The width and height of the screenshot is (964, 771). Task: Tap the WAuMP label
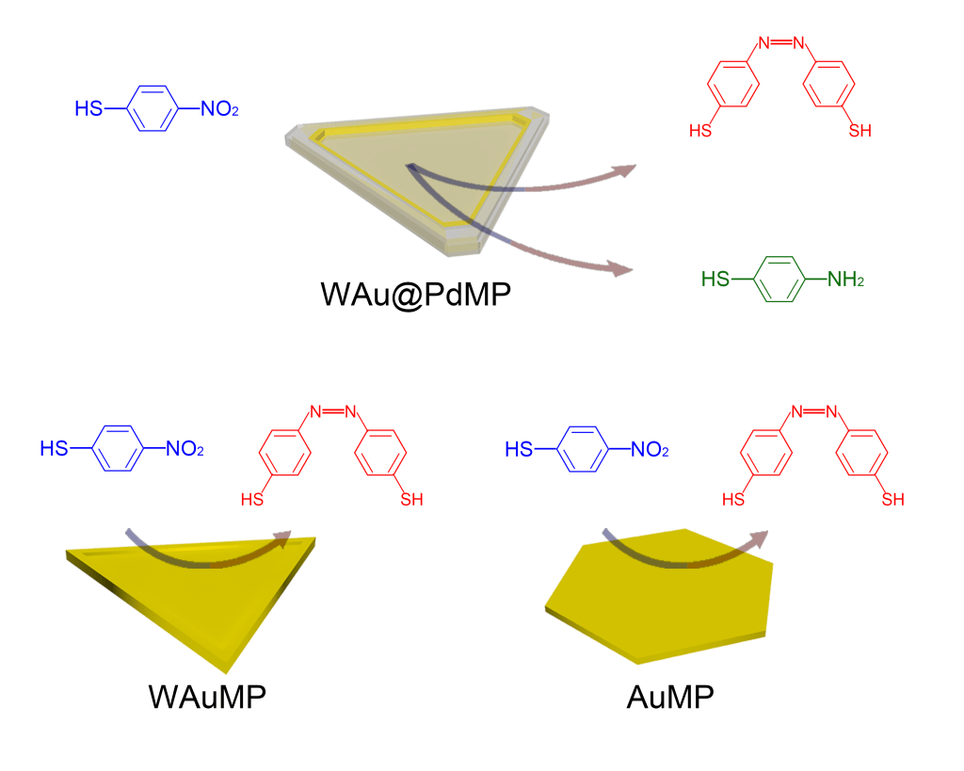click(x=207, y=698)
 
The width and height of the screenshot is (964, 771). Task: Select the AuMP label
click(x=670, y=698)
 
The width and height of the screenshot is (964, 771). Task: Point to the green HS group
click(x=716, y=280)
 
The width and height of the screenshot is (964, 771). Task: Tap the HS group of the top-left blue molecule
click(x=89, y=109)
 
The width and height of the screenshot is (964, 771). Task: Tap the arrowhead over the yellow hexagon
click(x=759, y=538)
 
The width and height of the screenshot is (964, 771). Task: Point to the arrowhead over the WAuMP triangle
click(x=281, y=538)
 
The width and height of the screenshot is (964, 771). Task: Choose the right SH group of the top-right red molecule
click(x=860, y=131)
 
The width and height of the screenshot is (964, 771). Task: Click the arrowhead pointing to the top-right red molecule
click(x=624, y=170)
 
